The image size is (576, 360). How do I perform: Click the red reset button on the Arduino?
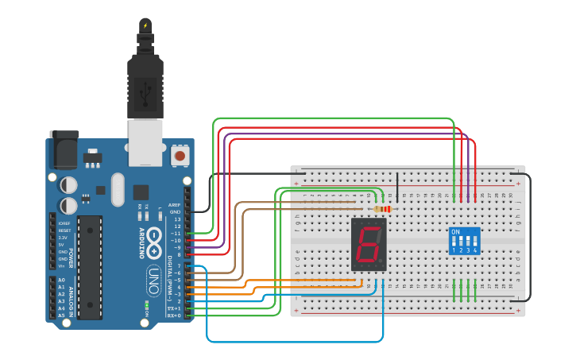pyautogui.click(x=181, y=156)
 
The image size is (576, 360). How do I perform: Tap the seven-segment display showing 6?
pyautogui.click(x=368, y=244)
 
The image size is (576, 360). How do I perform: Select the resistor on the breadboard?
pyautogui.click(x=383, y=209)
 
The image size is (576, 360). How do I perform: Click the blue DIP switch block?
pyautogui.click(x=464, y=241)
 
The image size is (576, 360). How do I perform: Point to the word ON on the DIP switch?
pyautogui.click(x=455, y=233)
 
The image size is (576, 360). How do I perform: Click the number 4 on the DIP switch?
pyautogui.click(x=475, y=250)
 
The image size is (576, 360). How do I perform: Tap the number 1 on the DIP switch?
pyautogui.click(x=454, y=250)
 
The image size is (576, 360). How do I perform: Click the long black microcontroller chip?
pyautogui.click(x=90, y=267)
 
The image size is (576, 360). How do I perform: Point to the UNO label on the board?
pyautogui.click(x=153, y=281)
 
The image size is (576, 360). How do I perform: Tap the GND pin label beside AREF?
pyautogui.click(x=175, y=211)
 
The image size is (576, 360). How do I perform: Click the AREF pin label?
pyautogui.click(x=175, y=204)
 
